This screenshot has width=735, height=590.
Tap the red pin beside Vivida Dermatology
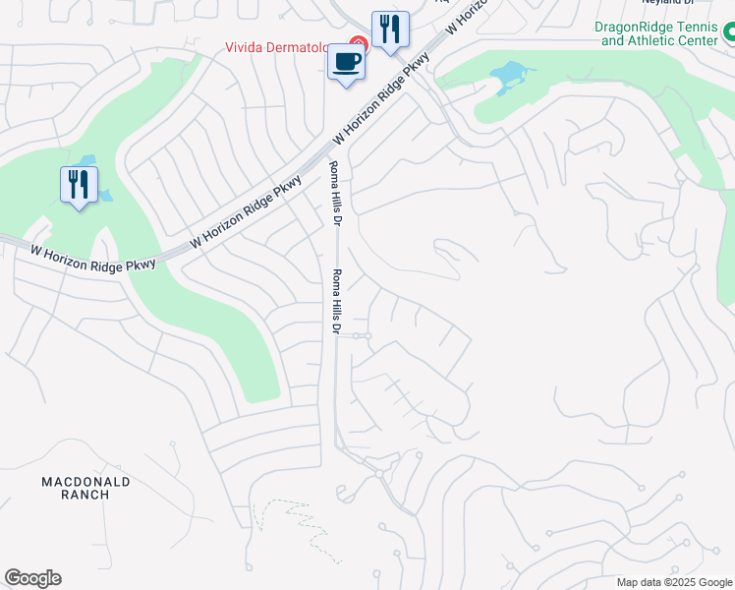pos(359,44)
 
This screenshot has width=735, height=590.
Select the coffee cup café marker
pos(345,63)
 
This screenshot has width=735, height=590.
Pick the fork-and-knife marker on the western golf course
pos(79,185)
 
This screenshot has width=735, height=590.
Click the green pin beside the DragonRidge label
pos(728,34)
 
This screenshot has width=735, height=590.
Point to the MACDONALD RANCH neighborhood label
pos(85,488)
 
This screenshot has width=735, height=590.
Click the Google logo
pos(32,578)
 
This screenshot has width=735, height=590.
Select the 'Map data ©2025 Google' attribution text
pos(674,582)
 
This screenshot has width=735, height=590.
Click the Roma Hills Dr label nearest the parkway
pos(334,195)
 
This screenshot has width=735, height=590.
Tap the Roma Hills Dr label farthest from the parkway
pos(335,303)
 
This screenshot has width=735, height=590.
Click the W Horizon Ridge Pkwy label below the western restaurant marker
pos(93,258)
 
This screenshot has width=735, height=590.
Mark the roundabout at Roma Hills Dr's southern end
pos(379,474)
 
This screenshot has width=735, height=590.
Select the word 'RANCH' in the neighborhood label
pos(85,495)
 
